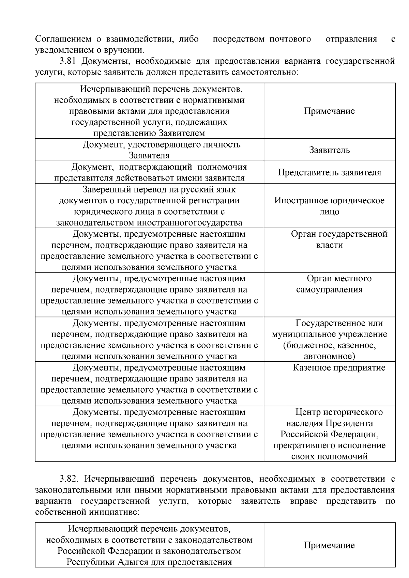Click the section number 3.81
pyautogui.click(x=68, y=61)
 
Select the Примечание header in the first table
pyautogui.click(x=329, y=111)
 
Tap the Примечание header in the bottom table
pyautogui.click(x=329, y=545)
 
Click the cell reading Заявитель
pyautogui.click(x=329, y=150)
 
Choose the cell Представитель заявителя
pyautogui.click(x=329, y=172)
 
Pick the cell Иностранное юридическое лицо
pyautogui.click(x=329, y=206)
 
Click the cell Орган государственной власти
pyautogui.click(x=339, y=239)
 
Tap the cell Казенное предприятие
pyautogui.click(x=339, y=368)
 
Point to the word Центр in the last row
pyautogui.click(x=309, y=412)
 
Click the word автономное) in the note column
pyautogui.click(x=329, y=356)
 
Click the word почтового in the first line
pyautogui.click(x=290, y=39)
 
